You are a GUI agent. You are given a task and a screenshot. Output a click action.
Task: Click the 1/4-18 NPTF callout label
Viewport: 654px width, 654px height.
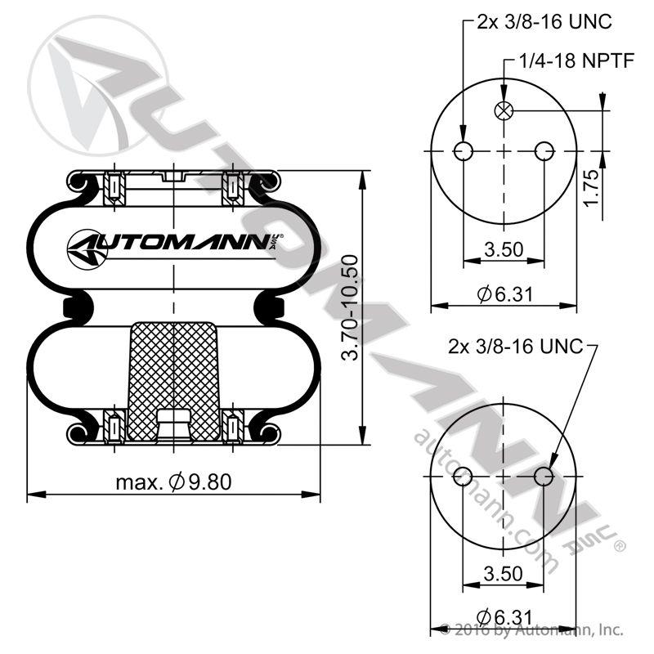point(577,62)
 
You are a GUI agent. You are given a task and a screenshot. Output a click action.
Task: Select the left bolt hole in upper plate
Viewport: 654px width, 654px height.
point(464,151)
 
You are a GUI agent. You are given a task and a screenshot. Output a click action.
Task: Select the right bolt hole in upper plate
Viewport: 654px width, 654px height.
point(543,151)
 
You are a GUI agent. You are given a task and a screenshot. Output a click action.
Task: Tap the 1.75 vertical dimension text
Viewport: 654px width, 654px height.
point(593,187)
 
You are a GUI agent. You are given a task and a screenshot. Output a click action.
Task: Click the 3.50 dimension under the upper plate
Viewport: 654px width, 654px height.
point(503,250)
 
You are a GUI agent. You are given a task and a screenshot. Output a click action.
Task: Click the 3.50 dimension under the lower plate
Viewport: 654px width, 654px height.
point(503,573)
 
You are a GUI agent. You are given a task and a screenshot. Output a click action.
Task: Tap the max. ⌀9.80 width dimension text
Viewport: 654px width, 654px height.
point(173,482)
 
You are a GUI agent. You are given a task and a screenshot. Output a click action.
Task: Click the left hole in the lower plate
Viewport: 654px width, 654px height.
point(464,476)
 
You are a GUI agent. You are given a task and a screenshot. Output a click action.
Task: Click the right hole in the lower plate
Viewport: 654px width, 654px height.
point(543,476)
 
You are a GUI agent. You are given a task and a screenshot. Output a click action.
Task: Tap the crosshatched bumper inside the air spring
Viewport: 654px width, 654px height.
point(174,368)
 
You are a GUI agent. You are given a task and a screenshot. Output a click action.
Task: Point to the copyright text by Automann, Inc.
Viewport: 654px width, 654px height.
point(531,630)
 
